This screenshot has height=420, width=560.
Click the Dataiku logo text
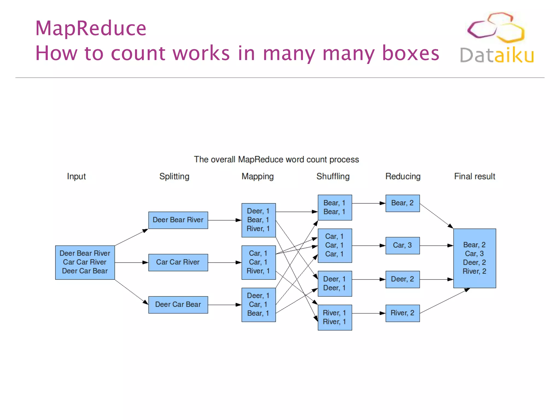[497, 55]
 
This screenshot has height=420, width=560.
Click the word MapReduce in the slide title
[91, 28]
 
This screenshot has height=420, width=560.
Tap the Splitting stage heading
[174, 176]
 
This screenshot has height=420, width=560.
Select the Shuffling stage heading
[333, 176]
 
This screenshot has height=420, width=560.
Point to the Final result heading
[474, 176]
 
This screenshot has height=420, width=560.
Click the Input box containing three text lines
[85, 262]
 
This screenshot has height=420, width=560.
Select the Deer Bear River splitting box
[178, 220]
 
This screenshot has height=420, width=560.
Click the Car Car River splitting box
[178, 262]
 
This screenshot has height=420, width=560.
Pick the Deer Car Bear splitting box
[178, 305]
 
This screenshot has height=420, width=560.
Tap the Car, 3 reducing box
[402, 245]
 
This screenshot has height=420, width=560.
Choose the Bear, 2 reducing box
[402, 203]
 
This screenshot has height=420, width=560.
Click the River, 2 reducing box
[402, 313]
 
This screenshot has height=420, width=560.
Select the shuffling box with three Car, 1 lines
[335, 245]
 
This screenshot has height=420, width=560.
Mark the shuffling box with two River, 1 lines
[335, 317]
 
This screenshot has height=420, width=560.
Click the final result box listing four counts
[474, 258]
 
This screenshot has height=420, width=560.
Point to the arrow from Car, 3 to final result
[436, 246]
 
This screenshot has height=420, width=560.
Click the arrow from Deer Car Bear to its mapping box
[224, 305]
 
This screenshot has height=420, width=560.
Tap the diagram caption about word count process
[276, 159]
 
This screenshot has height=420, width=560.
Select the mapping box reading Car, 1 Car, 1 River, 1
[258, 262]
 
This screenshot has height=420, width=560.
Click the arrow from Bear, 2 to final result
[436, 215]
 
